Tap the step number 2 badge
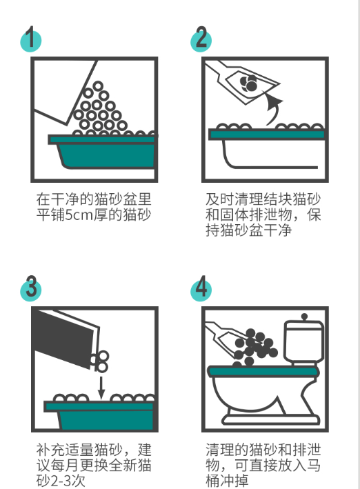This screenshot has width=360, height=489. [201, 39]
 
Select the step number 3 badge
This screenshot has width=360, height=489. [30, 288]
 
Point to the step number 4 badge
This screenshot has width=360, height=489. [201, 288]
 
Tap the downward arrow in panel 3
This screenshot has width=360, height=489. [101, 388]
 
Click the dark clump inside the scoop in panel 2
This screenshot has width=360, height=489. [249, 83]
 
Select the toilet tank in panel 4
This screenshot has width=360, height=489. [304, 341]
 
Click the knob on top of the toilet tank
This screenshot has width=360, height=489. [304, 317]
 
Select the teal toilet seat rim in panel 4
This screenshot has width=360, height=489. [263, 372]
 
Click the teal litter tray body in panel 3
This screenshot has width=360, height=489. [100, 415]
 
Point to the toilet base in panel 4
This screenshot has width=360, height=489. [270, 419]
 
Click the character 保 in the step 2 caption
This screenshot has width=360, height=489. [314, 215]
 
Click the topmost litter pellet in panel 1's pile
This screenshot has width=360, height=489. [98, 86]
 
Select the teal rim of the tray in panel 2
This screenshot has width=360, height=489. [267, 134]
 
